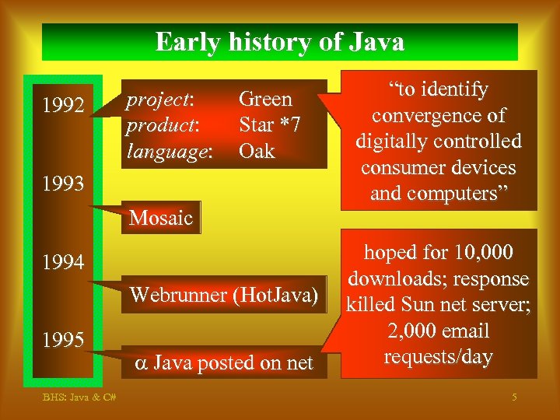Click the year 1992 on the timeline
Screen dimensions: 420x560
[x=64, y=104]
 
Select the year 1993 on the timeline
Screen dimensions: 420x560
[x=64, y=184]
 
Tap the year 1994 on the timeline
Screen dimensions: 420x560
[x=64, y=263]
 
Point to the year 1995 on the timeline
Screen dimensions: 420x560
[x=64, y=340]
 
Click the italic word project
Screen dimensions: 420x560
[x=159, y=100]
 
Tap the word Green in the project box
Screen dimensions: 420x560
[x=265, y=100]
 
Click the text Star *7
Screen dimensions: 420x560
[x=269, y=125]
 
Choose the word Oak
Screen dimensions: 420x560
[x=257, y=151]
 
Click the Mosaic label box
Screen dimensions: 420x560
[x=161, y=218]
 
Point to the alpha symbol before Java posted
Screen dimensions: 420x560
[x=140, y=362]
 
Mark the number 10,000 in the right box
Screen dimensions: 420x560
[x=482, y=253]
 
